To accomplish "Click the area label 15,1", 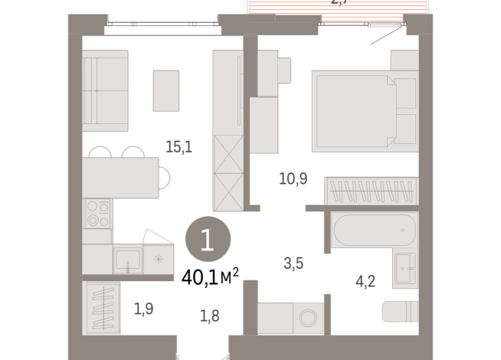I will (x=178, y=146).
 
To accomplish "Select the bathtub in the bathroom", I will (x=373, y=229).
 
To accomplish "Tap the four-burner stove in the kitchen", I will (x=97, y=214).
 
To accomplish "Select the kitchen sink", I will (x=128, y=260).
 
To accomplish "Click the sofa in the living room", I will (x=105, y=91).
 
